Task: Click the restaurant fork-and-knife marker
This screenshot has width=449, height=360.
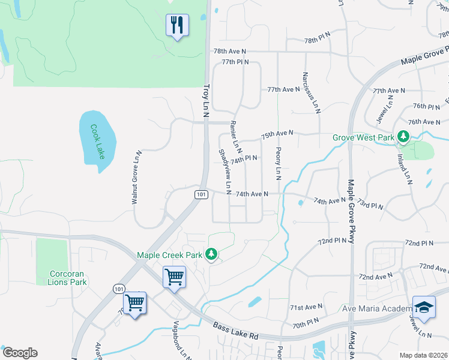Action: pos(177,25)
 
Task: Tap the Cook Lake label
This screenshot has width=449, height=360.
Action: pos(97,142)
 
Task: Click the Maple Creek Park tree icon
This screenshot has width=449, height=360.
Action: pos(211,255)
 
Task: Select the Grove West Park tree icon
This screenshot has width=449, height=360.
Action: pos(404,137)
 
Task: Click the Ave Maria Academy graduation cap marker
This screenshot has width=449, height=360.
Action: pos(424,307)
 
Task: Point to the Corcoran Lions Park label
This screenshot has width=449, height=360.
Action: pos(70,277)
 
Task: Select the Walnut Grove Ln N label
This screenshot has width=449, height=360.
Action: pos(136,178)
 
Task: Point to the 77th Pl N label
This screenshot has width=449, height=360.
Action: pos(235,62)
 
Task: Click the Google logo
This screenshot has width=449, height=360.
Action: pos(20,353)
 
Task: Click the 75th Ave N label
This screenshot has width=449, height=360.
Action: pos(277,134)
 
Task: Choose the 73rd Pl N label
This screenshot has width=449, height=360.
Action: pos(370,206)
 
